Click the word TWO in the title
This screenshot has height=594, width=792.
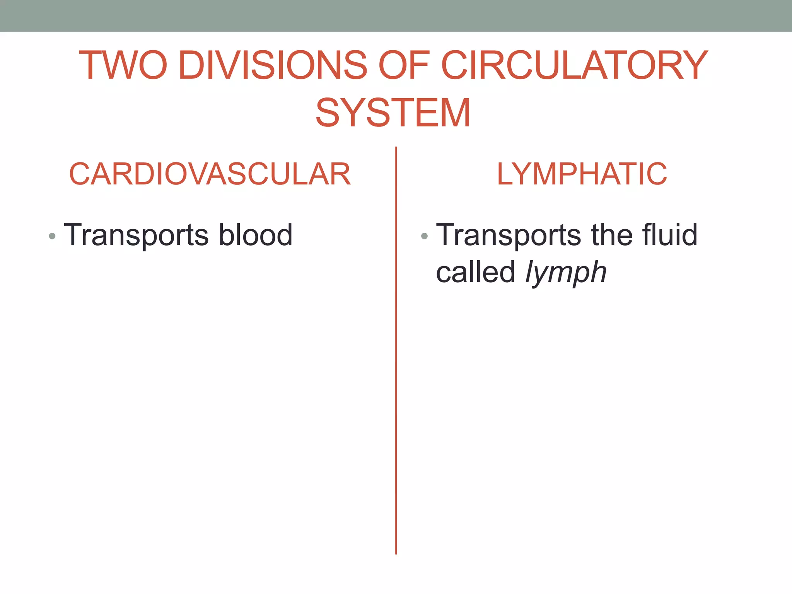click(x=123, y=65)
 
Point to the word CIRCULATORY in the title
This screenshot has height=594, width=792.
click(x=574, y=65)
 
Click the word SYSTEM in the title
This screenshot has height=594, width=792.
click(x=393, y=113)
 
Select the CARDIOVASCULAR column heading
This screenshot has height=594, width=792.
click(x=210, y=174)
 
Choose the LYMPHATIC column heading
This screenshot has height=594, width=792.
click(x=582, y=174)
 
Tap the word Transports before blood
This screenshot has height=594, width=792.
click(x=137, y=235)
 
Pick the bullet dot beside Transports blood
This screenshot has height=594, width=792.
click(x=52, y=236)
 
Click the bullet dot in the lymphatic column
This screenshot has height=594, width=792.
click(x=424, y=236)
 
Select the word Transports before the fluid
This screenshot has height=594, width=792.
click(x=509, y=235)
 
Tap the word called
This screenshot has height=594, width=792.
click(x=475, y=271)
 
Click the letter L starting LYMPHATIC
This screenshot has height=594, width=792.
click(x=505, y=174)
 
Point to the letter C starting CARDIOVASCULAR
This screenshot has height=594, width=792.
click(x=80, y=174)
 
